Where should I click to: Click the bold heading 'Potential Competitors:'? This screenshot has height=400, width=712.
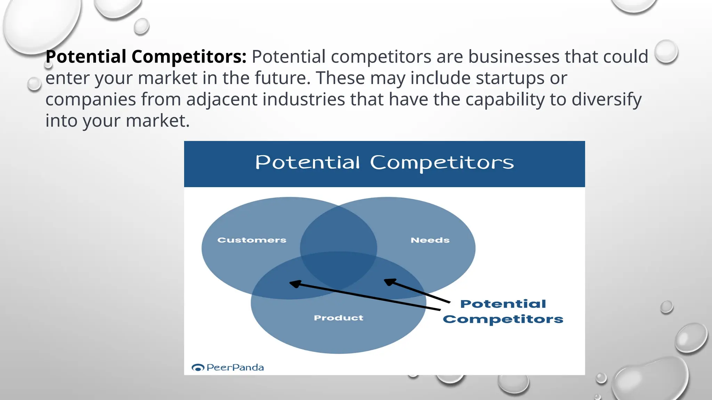[146, 57]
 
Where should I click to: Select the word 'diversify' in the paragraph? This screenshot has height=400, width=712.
[606, 100]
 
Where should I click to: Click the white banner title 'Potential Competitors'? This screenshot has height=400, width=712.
[384, 162]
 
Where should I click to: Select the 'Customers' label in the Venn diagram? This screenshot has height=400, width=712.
[252, 240]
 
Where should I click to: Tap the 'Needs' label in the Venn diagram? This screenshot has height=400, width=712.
[430, 240]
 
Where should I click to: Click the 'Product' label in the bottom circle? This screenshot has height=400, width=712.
[338, 318]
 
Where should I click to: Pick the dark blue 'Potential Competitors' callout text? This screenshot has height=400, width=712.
[503, 311]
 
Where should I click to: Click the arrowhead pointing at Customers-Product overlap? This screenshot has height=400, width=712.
[294, 284]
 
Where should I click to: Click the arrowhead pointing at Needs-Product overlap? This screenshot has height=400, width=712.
[389, 282]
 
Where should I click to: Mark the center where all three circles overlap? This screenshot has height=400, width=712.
[338, 269]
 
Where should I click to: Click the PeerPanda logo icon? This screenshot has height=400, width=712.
[198, 367]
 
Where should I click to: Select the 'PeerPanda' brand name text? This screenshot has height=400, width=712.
[235, 367]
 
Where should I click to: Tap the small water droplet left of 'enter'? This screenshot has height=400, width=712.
[34, 84]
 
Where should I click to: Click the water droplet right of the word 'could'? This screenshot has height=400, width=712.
[666, 52]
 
